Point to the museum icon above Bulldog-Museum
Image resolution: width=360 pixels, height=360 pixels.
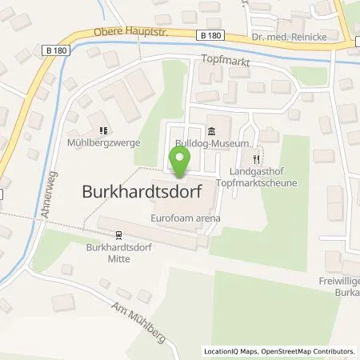[x=211, y=131]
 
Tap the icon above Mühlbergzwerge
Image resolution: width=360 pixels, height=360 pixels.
[x=102, y=130]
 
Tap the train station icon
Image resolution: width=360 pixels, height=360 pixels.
[x=118, y=235]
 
